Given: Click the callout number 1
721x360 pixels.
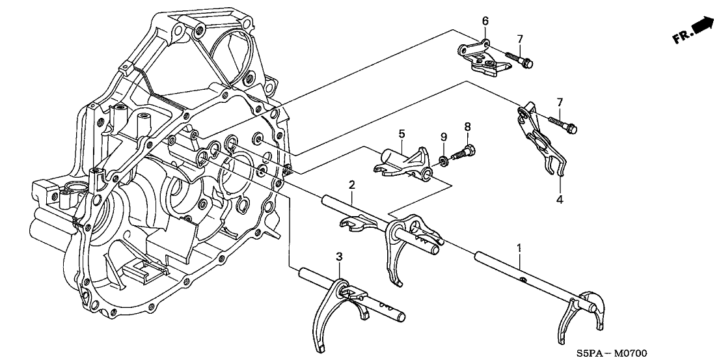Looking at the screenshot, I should pyautogui.click(x=519, y=247).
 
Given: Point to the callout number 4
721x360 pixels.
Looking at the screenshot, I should pyautogui.click(x=558, y=199).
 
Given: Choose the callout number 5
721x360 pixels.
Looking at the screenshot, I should pyautogui.click(x=401, y=133).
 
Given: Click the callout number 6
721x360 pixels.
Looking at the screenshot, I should pyautogui.click(x=485, y=21).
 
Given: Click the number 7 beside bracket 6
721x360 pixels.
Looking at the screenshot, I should pyautogui.click(x=519, y=40).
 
